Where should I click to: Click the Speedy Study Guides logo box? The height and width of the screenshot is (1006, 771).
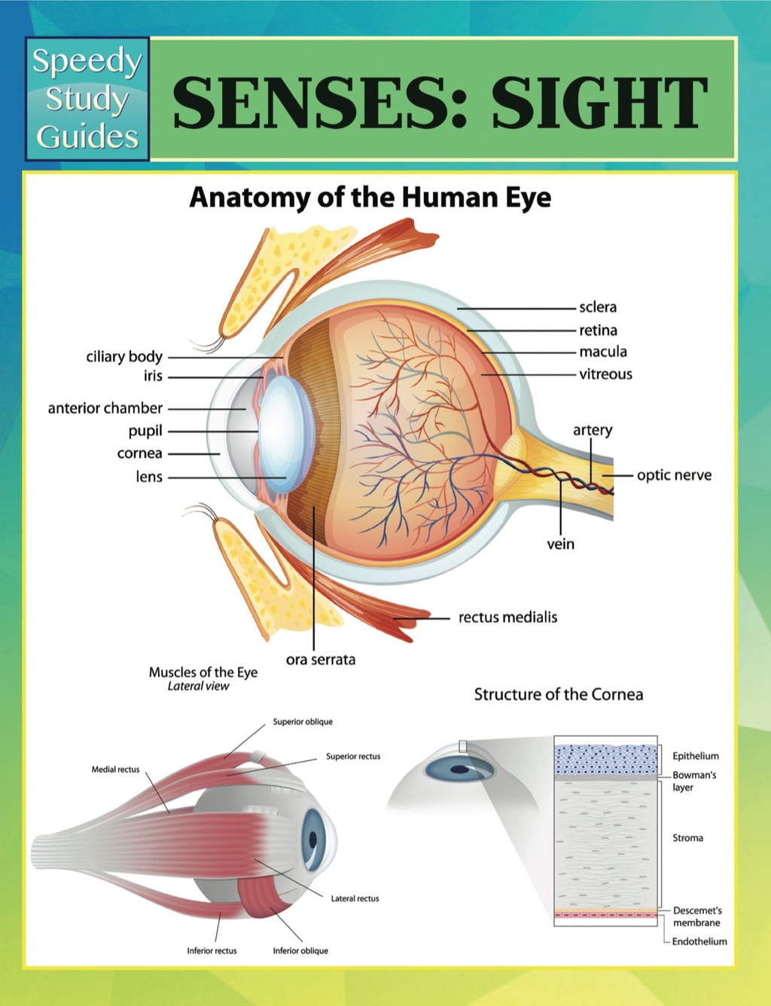[87, 99]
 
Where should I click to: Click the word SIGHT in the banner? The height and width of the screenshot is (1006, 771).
[599, 103]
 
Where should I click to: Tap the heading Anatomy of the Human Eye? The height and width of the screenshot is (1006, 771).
[370, 197]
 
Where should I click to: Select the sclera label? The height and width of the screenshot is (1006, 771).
[598, 307]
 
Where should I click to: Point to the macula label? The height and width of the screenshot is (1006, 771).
[603, 352]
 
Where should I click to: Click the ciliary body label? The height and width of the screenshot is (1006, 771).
[124, 357]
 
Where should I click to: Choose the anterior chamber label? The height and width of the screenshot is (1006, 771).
[105, 408]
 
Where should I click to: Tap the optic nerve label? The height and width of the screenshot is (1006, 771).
[674, 475]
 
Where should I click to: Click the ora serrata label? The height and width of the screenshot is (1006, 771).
[321, 660]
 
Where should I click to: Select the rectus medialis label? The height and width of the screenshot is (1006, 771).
[508, 617]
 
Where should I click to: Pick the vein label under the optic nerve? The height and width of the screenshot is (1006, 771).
[561, 544]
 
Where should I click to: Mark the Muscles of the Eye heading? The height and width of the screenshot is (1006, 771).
[203, 672]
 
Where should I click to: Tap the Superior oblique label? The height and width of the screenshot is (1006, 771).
[303, 722]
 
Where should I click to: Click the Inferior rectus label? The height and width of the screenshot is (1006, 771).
[212, 951]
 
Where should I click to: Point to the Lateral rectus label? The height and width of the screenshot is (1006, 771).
[355, 898]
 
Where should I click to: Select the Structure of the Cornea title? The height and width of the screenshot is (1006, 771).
[558, 694]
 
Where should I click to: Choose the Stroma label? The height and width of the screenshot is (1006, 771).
[687, 838]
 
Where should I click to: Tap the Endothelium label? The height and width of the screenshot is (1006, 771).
[699, 941]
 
